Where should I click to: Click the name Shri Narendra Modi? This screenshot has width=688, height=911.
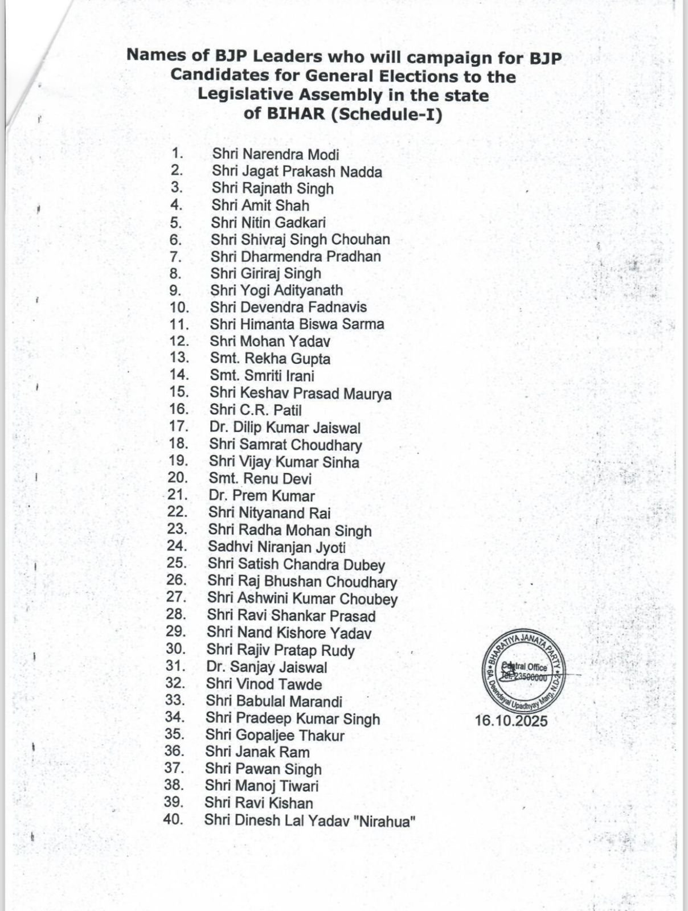click(x=276, y=154)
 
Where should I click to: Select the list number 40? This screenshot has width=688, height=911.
click(x=173, y=819)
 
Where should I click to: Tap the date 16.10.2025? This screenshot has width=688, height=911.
click(x=511, y=721)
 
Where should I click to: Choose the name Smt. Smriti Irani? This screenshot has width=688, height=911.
click(x=262, y=376)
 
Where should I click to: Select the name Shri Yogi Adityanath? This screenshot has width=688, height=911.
click(x=276, y=290)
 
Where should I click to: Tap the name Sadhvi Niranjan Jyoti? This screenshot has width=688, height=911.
click(x=277, y=548)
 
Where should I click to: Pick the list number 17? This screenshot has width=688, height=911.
click(x=178, y=426)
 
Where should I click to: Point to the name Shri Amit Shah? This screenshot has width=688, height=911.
click(x=260, y=205)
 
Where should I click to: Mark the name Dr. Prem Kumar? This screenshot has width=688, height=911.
click(x=261, y=496)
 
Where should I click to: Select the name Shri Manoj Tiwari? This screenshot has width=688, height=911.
click(x=261, y=786)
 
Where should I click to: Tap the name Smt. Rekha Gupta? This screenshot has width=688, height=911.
click(x=270, y=359)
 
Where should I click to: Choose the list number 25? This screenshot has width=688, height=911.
click(x=177, y=563)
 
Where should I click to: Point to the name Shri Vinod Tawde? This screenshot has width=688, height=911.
click(x=264, y=684)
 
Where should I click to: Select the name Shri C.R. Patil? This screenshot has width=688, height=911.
click(x=255, y=410)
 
